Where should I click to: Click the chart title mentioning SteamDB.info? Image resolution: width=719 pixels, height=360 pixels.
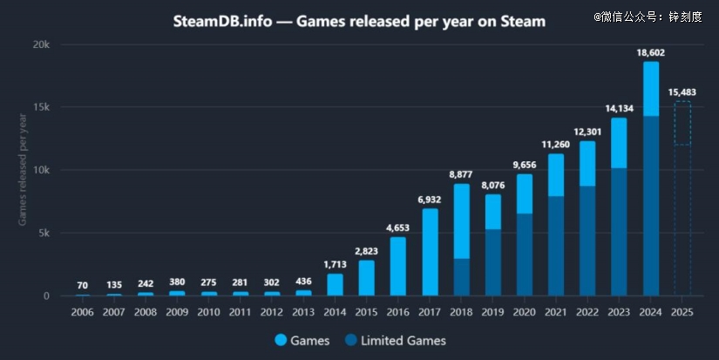[359, 21]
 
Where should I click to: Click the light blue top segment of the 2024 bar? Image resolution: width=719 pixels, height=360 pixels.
[651, 89]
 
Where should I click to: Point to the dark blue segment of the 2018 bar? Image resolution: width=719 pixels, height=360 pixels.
[462, 277]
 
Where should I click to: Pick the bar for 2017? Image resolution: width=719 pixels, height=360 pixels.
[430, 252]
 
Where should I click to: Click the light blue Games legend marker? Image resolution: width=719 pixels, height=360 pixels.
[281, 341]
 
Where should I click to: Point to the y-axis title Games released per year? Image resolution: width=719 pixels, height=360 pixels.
[23, 168]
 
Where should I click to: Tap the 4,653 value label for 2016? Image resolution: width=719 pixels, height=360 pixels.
[398, 228]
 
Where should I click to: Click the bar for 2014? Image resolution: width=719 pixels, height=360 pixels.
[336, 285]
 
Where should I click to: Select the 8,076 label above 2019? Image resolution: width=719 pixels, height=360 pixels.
[493, 185]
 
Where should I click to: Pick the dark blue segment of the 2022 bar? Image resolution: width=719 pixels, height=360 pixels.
[587, 241]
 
